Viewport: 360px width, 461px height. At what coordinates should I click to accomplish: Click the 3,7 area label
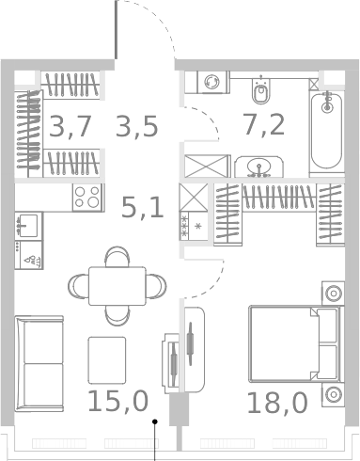pyautogui.click(x=70, y=126)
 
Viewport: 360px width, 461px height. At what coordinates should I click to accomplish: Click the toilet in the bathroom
pyautogui.click(x=261, y=91)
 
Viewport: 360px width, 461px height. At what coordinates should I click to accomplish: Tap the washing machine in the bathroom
pyautogui.click(x=211, y=83)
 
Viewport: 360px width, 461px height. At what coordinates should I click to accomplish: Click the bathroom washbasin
pyautogui.click(x=257, y=167)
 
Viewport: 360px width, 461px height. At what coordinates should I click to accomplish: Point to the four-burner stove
pyautogui.click(x=88, y=199)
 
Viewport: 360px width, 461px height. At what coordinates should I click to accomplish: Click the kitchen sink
pyautogui.click(x=27, y=226)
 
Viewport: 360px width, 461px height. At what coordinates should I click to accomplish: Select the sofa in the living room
pyautogui.click(x=39, y=354)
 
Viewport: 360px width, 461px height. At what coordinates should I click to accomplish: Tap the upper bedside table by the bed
pyautogui.click(x=332, y=293)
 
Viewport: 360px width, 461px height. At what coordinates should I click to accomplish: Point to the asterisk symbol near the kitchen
pyautogui.click(x=197, y=226)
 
